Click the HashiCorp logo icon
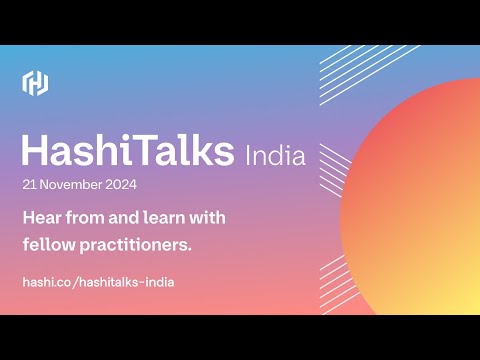point(36,83)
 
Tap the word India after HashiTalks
point(275,156)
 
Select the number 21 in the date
point(29,185)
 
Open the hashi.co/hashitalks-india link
point(98,282)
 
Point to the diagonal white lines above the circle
point(350,75)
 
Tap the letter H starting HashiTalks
point(34,152)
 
